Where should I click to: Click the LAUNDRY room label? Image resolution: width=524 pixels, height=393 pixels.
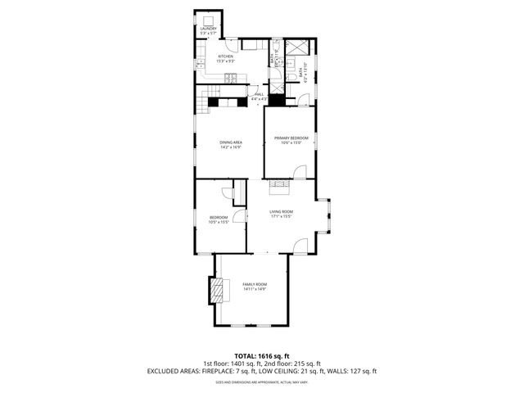pos(208,29)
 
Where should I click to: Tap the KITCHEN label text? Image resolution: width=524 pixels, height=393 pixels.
pos(225,56)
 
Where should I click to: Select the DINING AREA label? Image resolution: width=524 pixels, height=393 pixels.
pos(230,142)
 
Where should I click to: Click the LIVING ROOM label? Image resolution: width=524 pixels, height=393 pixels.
pos(282,211)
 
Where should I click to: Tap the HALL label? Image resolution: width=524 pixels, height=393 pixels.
pos(259,94)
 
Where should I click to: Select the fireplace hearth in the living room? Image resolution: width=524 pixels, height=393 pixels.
pos(281,186)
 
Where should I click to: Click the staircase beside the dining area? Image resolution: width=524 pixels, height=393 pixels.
pos(202,103)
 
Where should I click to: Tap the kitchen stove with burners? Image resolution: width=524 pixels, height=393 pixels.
pos(232,79)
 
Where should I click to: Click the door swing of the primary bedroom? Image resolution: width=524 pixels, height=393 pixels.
pos(300,172)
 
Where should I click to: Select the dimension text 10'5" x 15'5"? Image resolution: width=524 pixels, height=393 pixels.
pos(219,222)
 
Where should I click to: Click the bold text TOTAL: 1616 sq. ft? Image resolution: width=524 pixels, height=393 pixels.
pos(261,355)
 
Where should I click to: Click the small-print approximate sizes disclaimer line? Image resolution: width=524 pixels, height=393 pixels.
pos(261,382)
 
